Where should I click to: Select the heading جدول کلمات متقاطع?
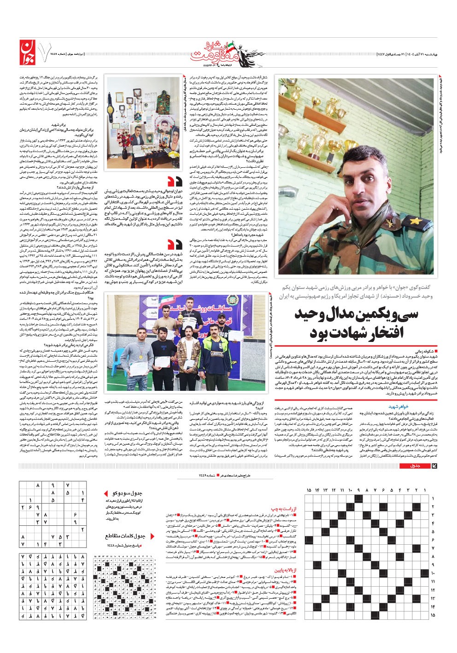coord(125,536)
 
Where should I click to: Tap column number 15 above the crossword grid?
coord(308,490)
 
